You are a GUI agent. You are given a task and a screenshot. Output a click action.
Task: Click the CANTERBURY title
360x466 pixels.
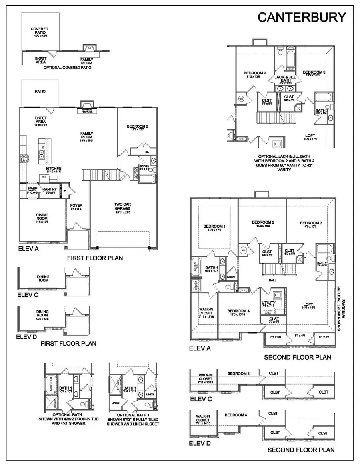pyautogui.click(x=301, y=17)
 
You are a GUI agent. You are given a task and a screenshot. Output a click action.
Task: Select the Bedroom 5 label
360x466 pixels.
pyautogui.click(x=137, y=127)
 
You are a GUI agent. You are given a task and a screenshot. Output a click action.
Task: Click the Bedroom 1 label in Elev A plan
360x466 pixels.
pyautogui.click(x=214, y=226)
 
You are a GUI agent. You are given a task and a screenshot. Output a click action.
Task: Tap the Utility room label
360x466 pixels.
pyautogui.click(x=268, y=302)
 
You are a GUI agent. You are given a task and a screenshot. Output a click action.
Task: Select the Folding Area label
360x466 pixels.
pyautogui.click(x=268, y=312)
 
